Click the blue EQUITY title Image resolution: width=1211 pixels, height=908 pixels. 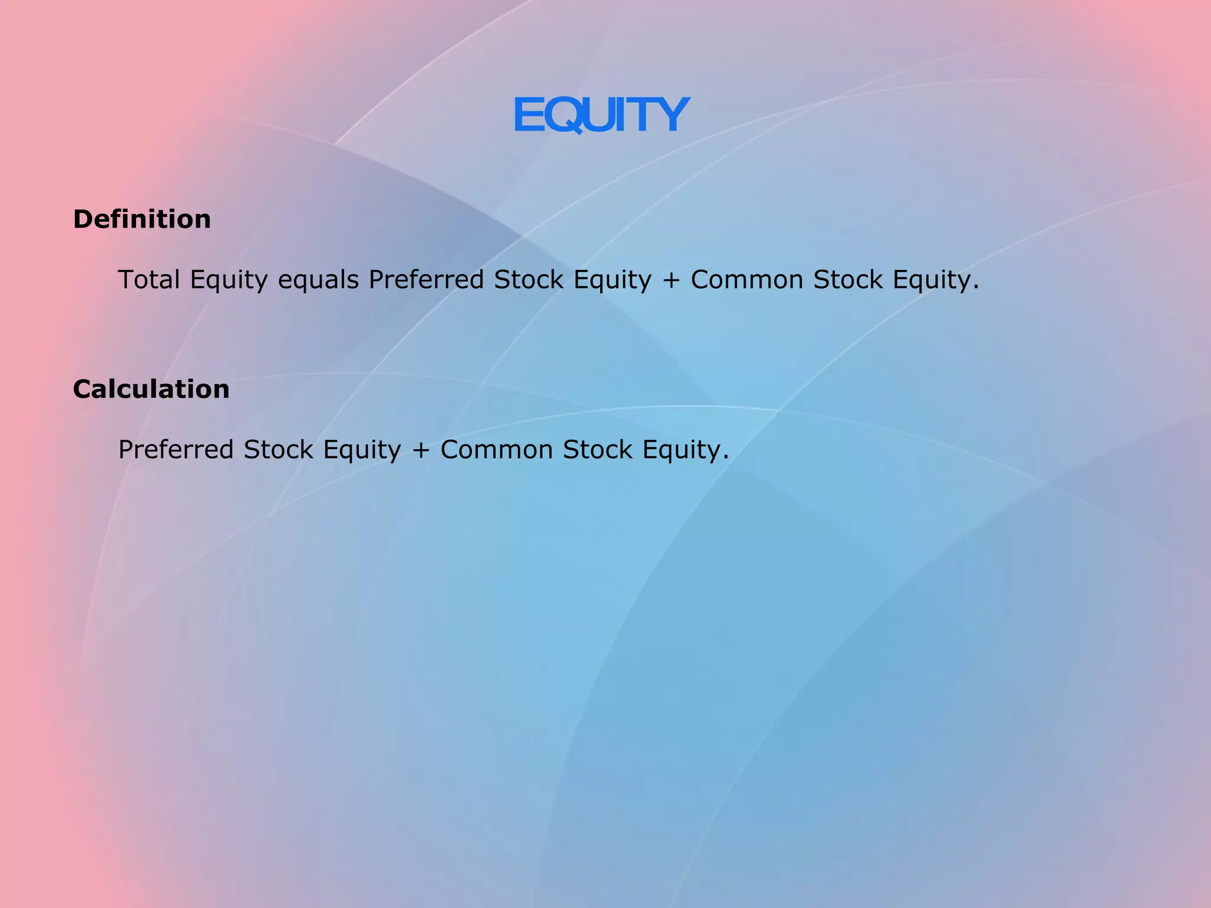[601, 115]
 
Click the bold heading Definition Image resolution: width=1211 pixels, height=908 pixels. [142, 219]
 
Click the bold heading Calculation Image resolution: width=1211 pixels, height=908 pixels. [151, 390]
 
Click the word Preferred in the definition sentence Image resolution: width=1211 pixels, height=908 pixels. [426, 280]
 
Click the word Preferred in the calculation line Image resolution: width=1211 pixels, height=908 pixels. [176, 450]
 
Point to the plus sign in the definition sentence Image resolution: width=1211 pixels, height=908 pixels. [671, 280]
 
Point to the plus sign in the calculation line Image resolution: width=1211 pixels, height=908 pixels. [420, 450]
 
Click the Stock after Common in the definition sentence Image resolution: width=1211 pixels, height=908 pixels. [848, 280]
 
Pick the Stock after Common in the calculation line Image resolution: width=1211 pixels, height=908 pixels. [598, 450]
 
